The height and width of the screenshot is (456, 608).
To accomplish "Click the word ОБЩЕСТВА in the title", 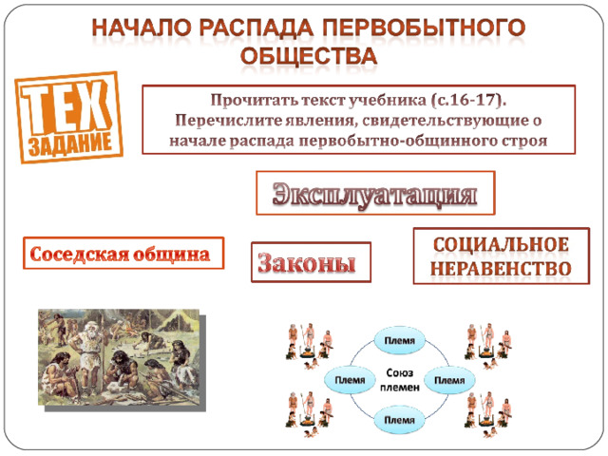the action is tap(309, 55).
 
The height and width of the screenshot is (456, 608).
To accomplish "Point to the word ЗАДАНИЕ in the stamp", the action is tap(70, 143).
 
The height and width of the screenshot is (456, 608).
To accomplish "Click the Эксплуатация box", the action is tap(375, 193).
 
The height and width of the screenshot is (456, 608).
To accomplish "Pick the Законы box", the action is tap(311, 262).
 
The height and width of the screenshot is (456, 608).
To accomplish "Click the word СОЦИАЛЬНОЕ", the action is tap(501, 245).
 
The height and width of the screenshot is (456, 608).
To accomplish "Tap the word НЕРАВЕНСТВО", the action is tap(501, 268).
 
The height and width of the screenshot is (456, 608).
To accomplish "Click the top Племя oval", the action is tap(400, 340).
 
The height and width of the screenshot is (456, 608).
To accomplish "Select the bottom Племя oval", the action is tap(400, 420).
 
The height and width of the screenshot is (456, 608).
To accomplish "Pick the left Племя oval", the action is tap(350, 380).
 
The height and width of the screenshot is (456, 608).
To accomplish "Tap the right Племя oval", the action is tap(449, 380).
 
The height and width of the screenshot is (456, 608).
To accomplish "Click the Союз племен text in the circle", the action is tap(400, 380).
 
